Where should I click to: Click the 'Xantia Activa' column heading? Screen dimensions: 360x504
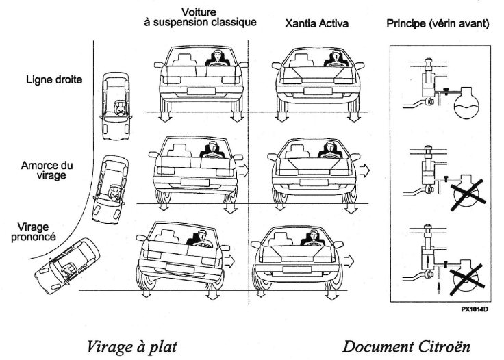click(316, 23)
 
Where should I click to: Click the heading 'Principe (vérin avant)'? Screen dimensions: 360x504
click(437, 23)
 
